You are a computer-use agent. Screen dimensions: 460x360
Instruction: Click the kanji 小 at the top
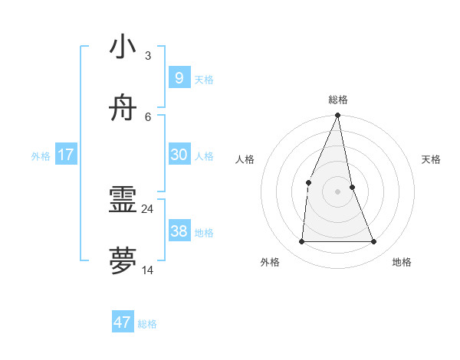(123, 47)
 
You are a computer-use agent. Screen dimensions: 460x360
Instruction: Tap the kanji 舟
(123, 109)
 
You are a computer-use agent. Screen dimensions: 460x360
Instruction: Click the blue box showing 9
(179, 77)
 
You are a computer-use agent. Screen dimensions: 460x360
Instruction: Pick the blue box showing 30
(179, 155)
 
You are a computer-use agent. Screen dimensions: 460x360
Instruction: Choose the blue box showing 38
(179, 231)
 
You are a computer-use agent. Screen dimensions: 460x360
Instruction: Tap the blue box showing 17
(66, 155)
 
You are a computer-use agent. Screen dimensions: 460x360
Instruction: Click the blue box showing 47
(123, 322)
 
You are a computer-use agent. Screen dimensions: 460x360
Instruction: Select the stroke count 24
(147, 208)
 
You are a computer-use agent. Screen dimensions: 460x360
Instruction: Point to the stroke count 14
(147, 270)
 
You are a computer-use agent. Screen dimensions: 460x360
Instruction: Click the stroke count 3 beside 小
(147, 55)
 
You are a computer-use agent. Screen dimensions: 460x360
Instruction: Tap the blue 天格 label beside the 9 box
(204, 80)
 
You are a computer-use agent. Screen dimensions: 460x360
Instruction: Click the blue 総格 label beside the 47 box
(147, 324)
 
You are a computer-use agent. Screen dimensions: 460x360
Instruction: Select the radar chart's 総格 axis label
(337, 100)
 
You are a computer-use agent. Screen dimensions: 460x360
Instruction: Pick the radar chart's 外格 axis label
(270, 262)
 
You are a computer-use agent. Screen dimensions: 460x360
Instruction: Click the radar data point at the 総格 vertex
(337, 116)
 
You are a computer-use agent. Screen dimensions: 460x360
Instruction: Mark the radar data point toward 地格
(374, 242)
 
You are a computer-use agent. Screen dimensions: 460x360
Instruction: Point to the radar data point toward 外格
(301, 242)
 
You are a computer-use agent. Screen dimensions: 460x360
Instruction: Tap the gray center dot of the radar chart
(337, 191)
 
